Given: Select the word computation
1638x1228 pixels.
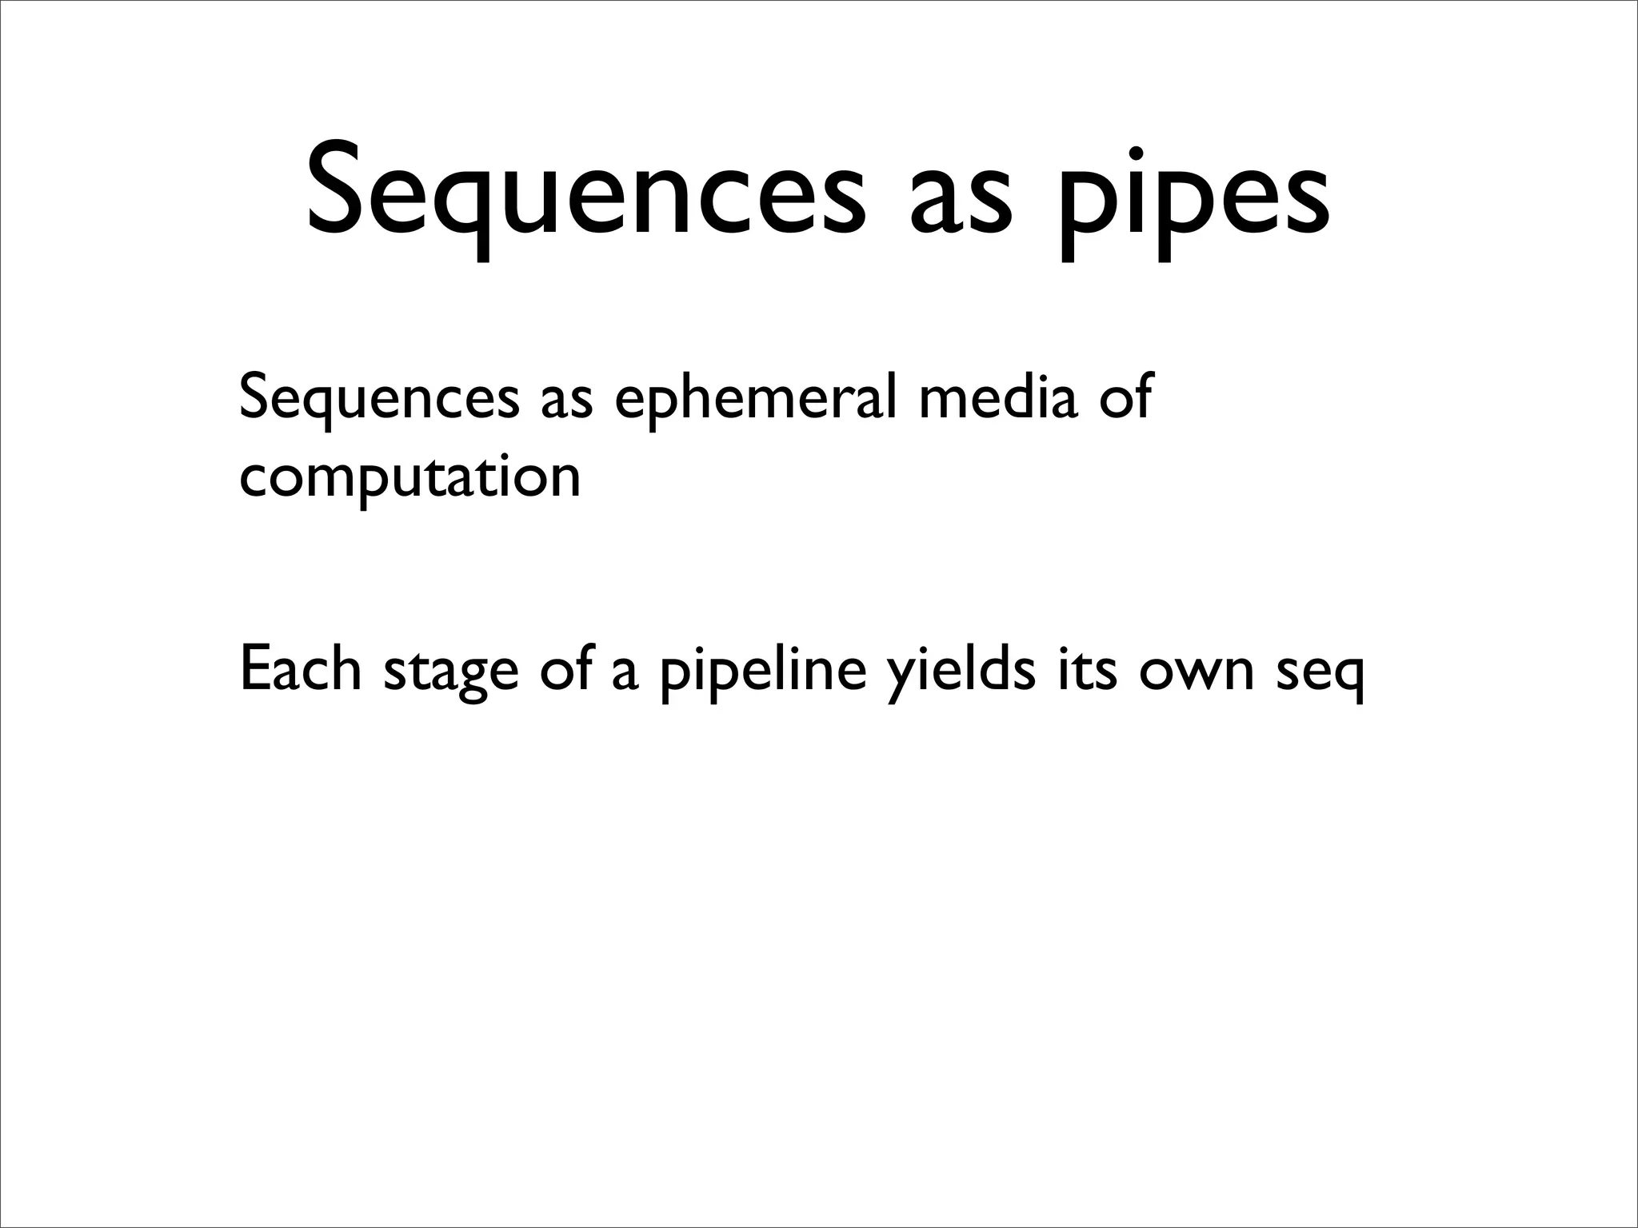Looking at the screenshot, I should [410, 480].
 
